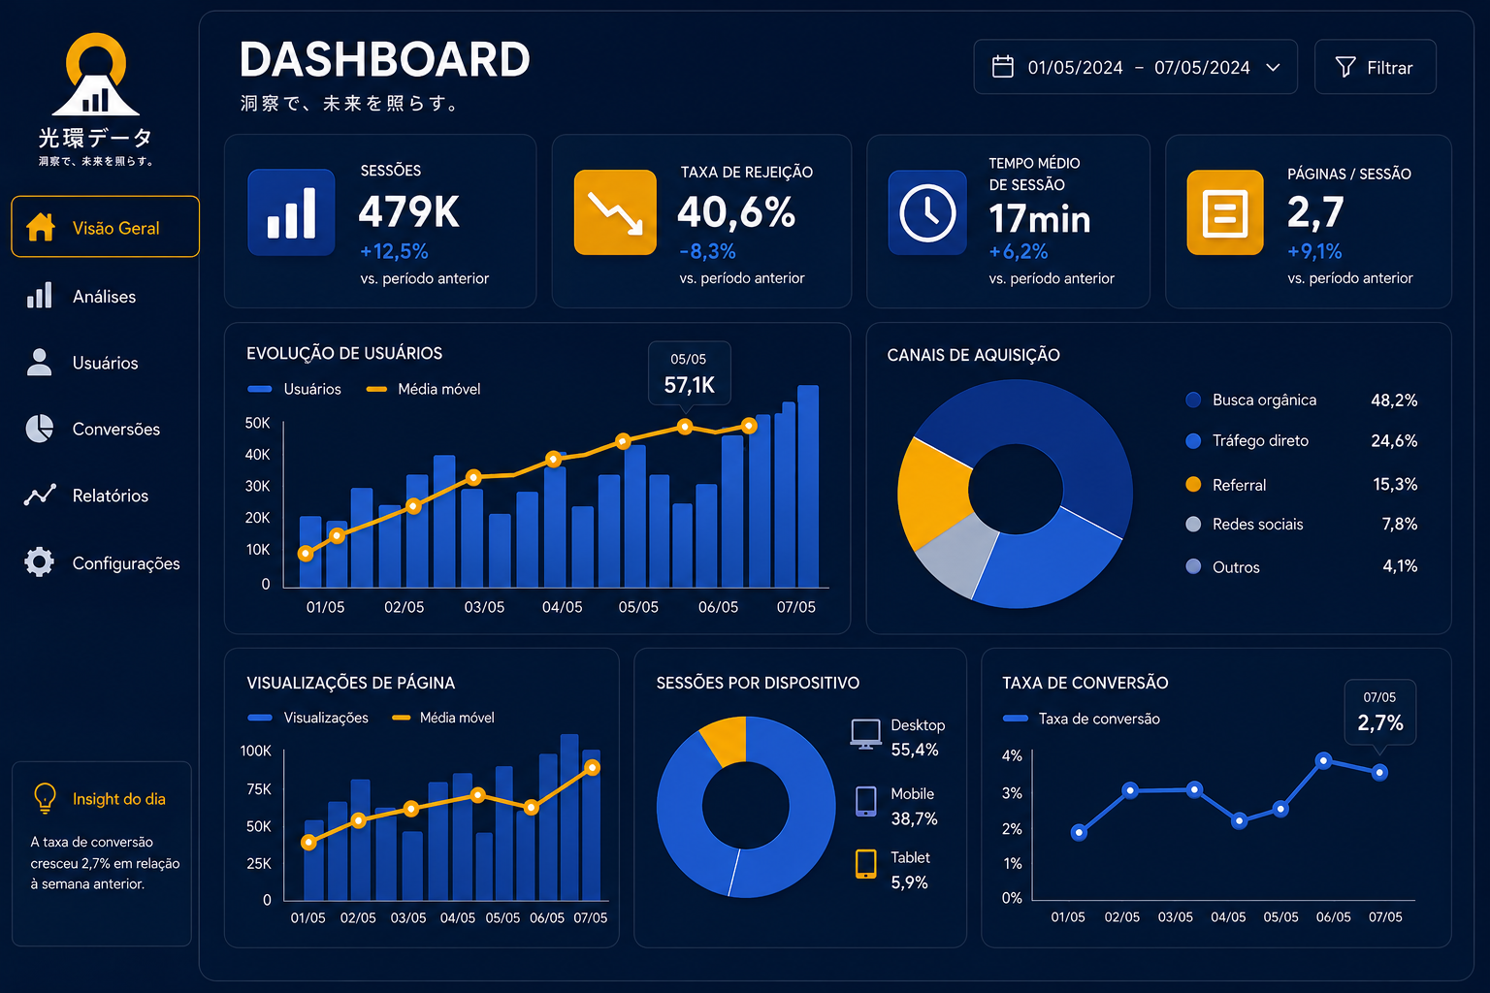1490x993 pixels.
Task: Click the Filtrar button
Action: [1375, 67]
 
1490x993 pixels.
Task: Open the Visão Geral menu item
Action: [105, 227]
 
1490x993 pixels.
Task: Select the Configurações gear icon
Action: [39, 562]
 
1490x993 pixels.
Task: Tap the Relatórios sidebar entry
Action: [86, 496]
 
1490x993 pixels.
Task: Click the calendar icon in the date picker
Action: [1002, 67]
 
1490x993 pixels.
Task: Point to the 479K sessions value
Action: [408, 212]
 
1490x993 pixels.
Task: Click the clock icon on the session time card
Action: [927, 212]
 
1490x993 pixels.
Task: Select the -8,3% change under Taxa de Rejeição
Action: [707, 251]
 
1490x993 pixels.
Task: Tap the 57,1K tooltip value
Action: [689, 385]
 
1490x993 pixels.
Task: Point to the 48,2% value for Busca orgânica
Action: [1394, 400]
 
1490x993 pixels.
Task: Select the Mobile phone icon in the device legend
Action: [865, 801]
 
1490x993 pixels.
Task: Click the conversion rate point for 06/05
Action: [1324, 760]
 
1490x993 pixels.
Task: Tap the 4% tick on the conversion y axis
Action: [1012, 755]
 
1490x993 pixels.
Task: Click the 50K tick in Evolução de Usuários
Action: [257, 423]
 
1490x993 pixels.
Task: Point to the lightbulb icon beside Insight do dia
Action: [46, 797]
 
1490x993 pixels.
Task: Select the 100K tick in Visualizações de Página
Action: [255, 751]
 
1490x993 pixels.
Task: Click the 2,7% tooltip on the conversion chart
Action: [1380, 713]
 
